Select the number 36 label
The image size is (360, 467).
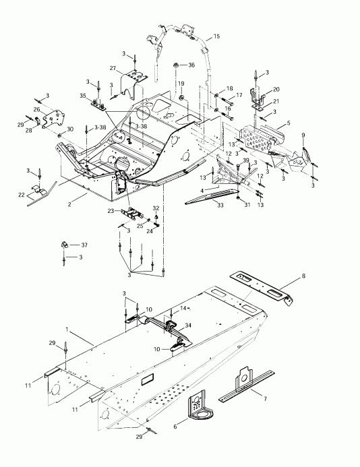(191, 65)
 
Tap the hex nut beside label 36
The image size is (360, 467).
(176, 65)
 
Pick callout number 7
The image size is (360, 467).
(265, 399)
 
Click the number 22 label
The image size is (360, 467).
(22, 195)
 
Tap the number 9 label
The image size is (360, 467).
(303, 135)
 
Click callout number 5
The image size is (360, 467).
(289, 124)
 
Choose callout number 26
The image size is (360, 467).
(36, 109)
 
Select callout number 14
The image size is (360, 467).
(183, 308)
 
